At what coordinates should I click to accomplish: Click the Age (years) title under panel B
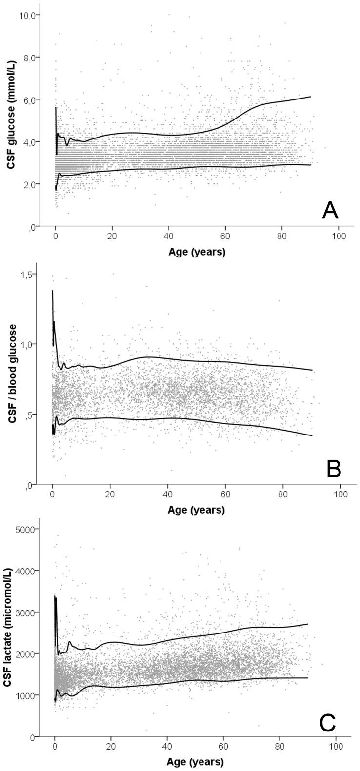197,510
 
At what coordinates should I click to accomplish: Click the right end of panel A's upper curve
310,97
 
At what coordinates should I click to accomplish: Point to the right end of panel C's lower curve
308,678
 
